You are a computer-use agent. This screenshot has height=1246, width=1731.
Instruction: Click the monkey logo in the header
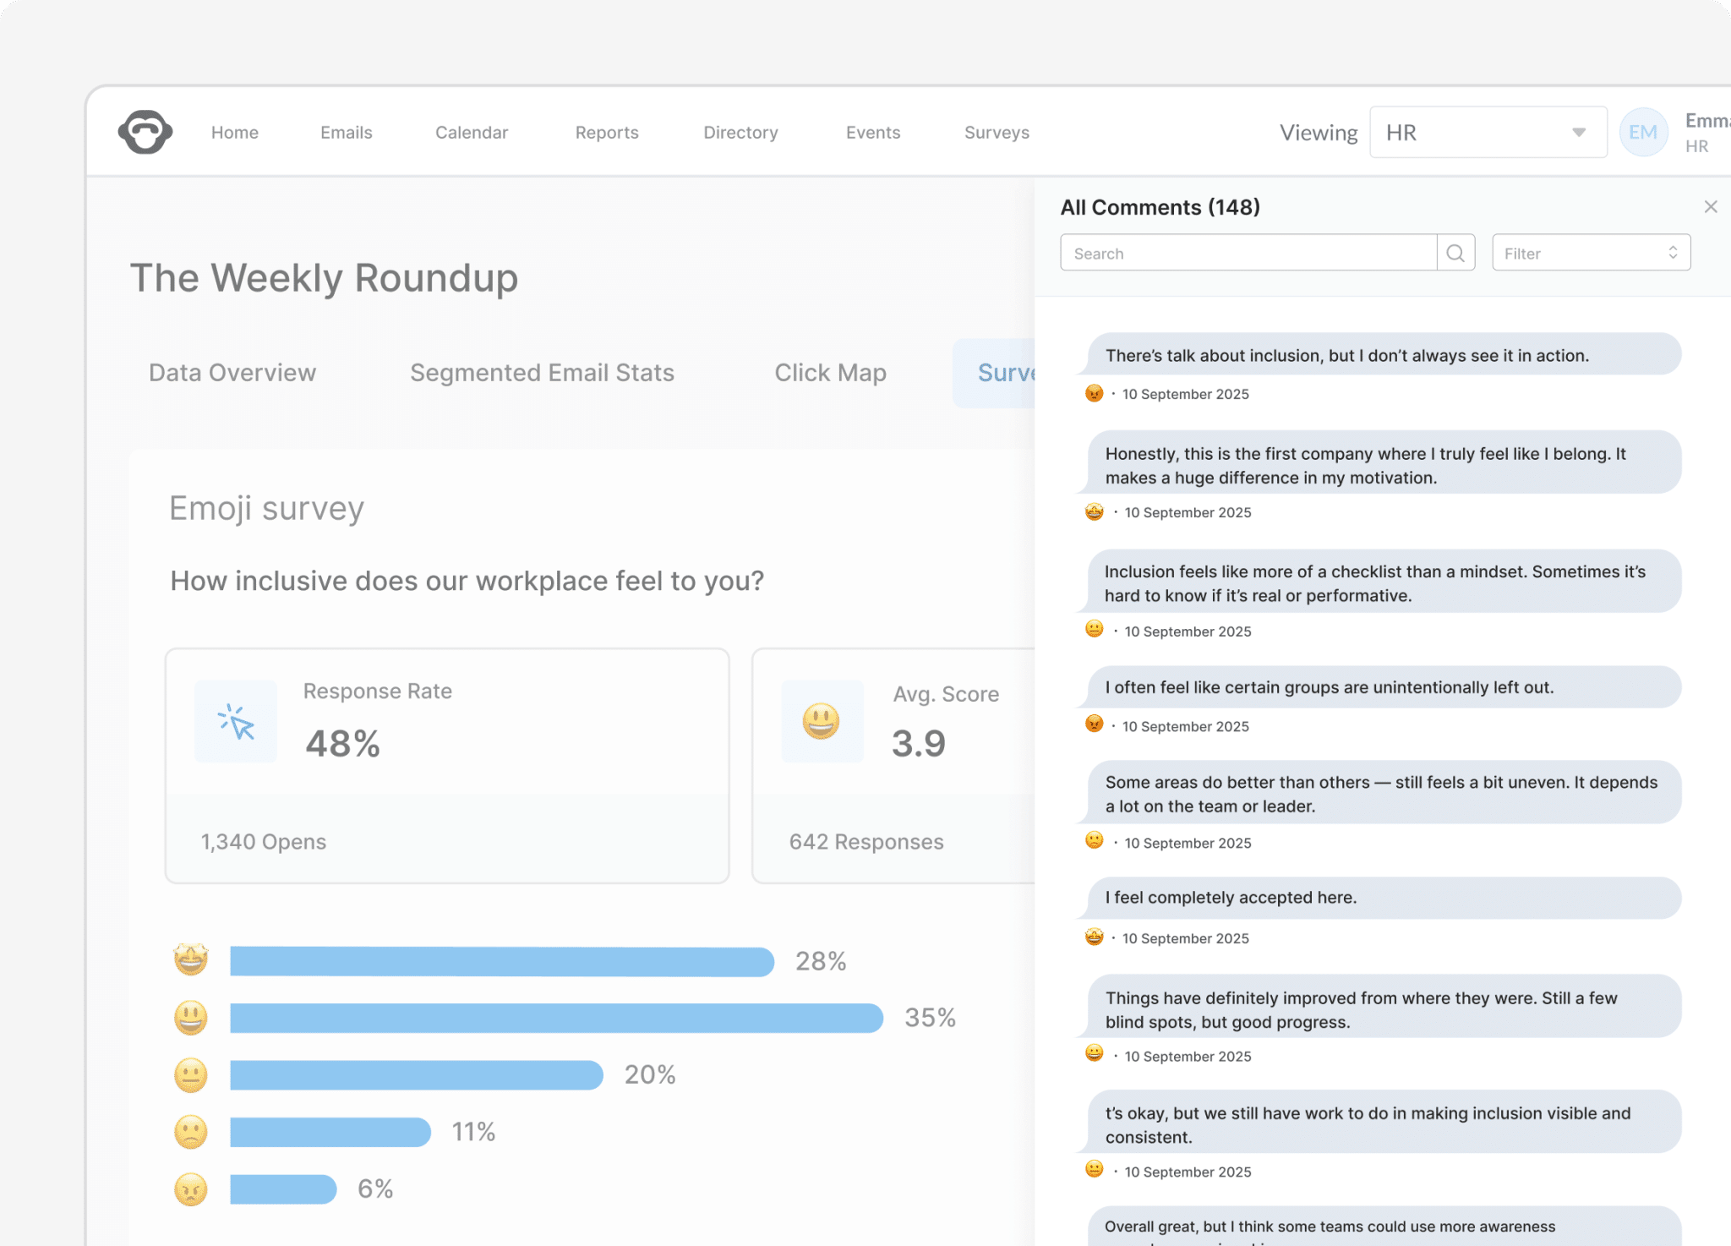145,132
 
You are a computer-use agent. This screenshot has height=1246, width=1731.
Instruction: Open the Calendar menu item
472,133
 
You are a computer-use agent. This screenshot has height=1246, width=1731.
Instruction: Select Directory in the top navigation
740,133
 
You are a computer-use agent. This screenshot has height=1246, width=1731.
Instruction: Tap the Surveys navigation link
997,133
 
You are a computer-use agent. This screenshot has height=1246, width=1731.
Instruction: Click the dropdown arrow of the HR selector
1578,133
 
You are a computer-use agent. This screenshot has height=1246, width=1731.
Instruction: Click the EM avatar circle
1642,133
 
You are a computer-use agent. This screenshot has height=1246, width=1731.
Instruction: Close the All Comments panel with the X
1711,207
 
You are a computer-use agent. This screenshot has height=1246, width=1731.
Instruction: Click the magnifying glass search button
1455,253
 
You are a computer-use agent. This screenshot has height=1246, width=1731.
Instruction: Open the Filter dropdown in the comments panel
1591,253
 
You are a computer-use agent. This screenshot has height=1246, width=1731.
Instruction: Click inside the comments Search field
1248,253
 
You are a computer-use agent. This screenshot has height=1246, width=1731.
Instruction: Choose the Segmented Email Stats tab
542,373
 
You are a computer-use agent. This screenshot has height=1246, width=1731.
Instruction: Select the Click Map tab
830,373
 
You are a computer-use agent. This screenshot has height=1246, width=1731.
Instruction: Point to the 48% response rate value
342,744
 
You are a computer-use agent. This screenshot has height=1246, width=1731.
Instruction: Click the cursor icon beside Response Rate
236,722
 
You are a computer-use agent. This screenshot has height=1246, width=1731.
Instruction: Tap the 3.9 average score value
919,744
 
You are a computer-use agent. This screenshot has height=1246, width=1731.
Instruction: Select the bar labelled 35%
556,1018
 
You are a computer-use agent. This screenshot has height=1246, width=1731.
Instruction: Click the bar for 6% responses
283,1189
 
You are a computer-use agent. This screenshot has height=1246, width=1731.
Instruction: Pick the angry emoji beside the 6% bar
191,1189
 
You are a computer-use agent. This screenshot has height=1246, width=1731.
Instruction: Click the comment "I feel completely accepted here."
1231,898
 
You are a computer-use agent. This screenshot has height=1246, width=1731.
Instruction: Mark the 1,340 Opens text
263,842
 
